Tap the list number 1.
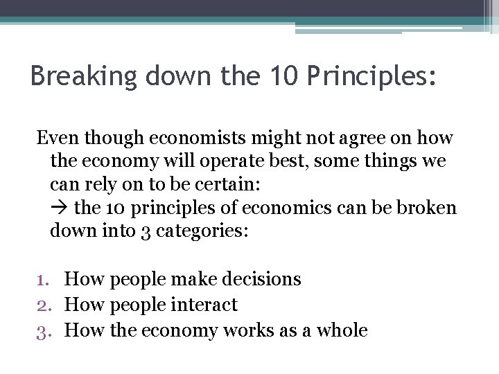pyautogui.click(x=44, y=279)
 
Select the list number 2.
pyautogui.click(x=44, y=305)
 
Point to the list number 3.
pyautogui.click(x=44, y=330)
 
